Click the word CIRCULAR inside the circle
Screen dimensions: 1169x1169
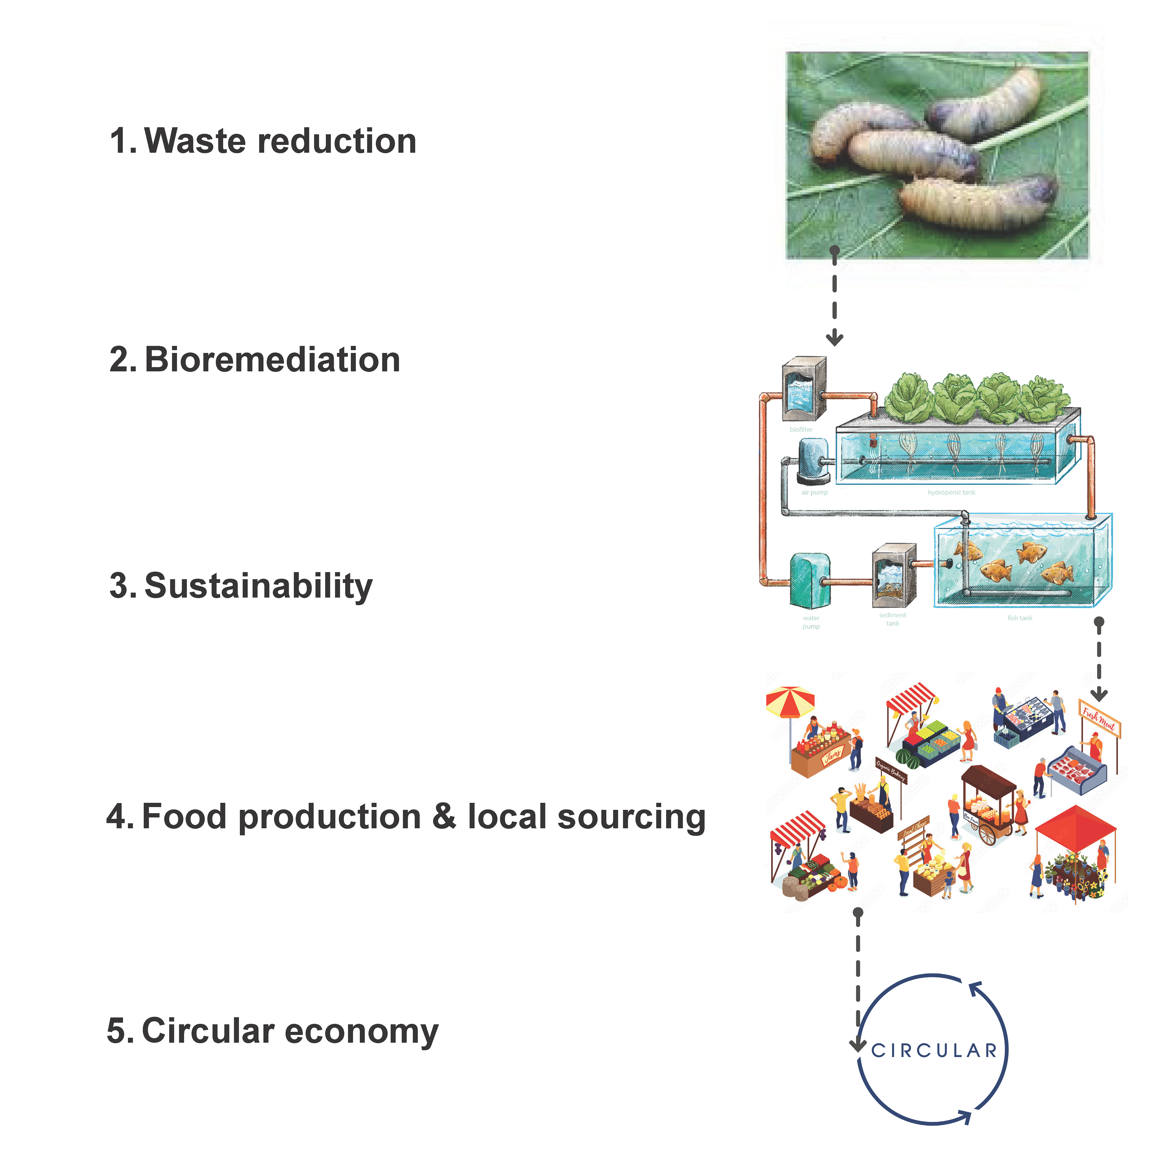point(934,1051)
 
